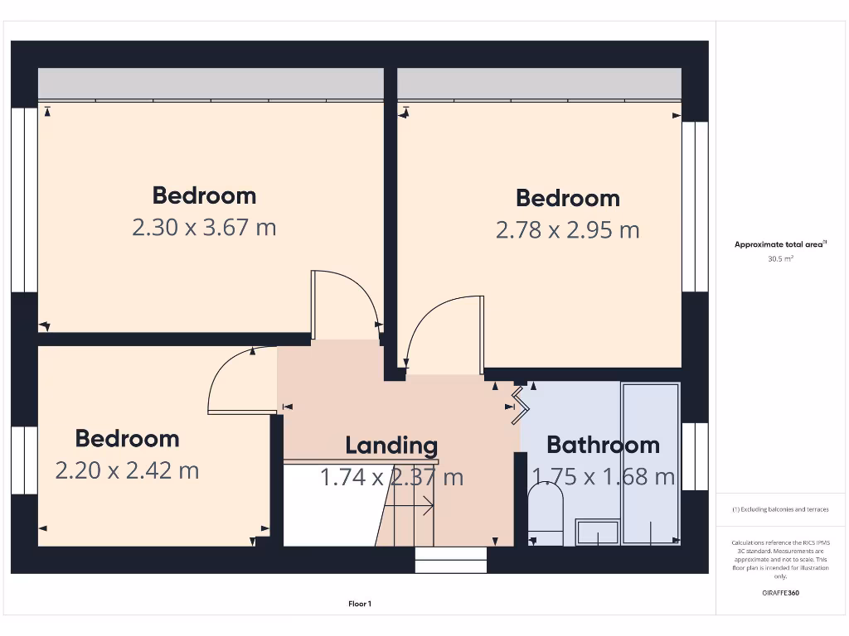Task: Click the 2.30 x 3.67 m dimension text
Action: point(204,227)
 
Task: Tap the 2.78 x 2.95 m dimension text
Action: point(567,229)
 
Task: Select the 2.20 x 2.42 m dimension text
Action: point(127,470)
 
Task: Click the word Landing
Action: point(391,446)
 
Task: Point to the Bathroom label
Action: point(603,445)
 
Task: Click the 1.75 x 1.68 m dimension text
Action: point(603,476)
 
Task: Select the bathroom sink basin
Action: point(598,532)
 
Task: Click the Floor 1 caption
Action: point(360,604)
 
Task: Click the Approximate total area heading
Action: point(780,244)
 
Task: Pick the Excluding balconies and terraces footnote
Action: point(780,509)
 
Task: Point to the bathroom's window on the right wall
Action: point(695,455)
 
